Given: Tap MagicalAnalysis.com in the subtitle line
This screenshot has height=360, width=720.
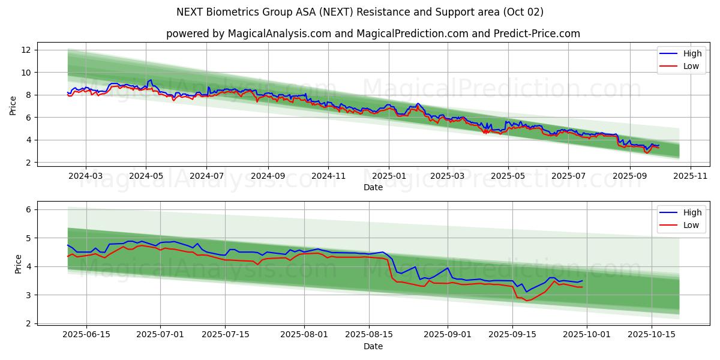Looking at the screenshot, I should click(280, 34).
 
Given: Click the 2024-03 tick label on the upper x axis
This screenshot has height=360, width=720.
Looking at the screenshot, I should click(86, 176).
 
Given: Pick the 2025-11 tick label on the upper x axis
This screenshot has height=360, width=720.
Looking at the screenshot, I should click(691, 176).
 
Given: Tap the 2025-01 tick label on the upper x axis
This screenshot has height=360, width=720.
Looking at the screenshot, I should click(389, 176).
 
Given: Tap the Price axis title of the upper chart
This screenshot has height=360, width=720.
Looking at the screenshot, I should click(13, 106).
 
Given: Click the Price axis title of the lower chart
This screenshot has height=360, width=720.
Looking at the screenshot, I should click(18, 264).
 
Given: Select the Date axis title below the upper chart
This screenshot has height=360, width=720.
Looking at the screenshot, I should click(373, 187).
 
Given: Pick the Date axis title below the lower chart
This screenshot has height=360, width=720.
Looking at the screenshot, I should click(373, 346).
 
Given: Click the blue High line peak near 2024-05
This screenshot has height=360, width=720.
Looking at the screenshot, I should click(151, 80).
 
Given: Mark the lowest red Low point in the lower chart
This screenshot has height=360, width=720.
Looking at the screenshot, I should click(527, 301).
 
